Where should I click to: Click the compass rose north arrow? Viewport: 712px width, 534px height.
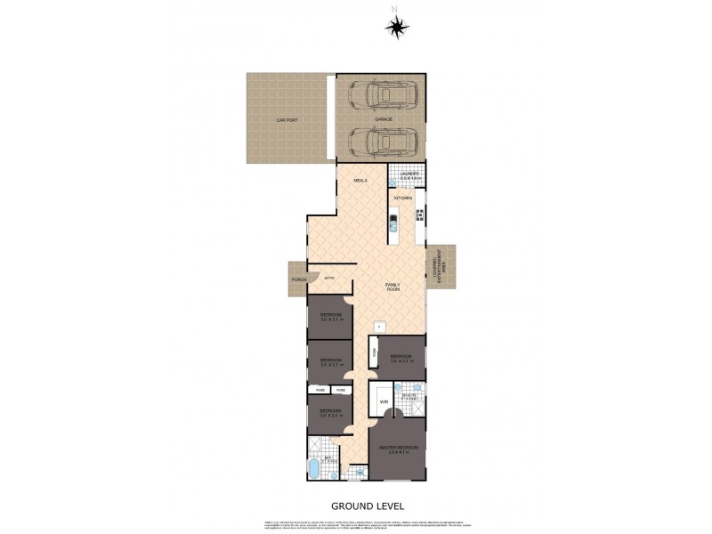point(395,26)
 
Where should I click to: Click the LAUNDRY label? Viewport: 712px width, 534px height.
point(409,174)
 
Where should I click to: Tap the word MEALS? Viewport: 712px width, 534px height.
point(360,181)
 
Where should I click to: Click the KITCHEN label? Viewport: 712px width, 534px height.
point(403,198)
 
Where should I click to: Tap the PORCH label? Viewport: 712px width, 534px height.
point(298,279)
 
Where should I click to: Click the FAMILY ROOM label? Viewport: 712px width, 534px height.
point(392,287)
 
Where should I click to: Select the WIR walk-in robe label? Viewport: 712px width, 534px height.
point(384,402)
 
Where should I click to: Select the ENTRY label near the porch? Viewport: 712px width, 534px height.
point(328,279)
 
